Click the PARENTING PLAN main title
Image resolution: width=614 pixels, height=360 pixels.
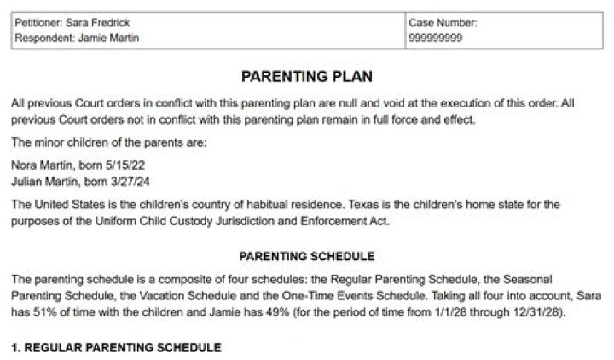(306, 76)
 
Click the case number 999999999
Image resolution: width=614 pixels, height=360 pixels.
(436, 38)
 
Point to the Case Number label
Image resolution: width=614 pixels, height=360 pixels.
(443, 22)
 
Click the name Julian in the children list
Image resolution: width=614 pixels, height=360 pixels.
(28, 178)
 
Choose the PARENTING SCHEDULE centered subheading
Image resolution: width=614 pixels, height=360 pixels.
(306, 255)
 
